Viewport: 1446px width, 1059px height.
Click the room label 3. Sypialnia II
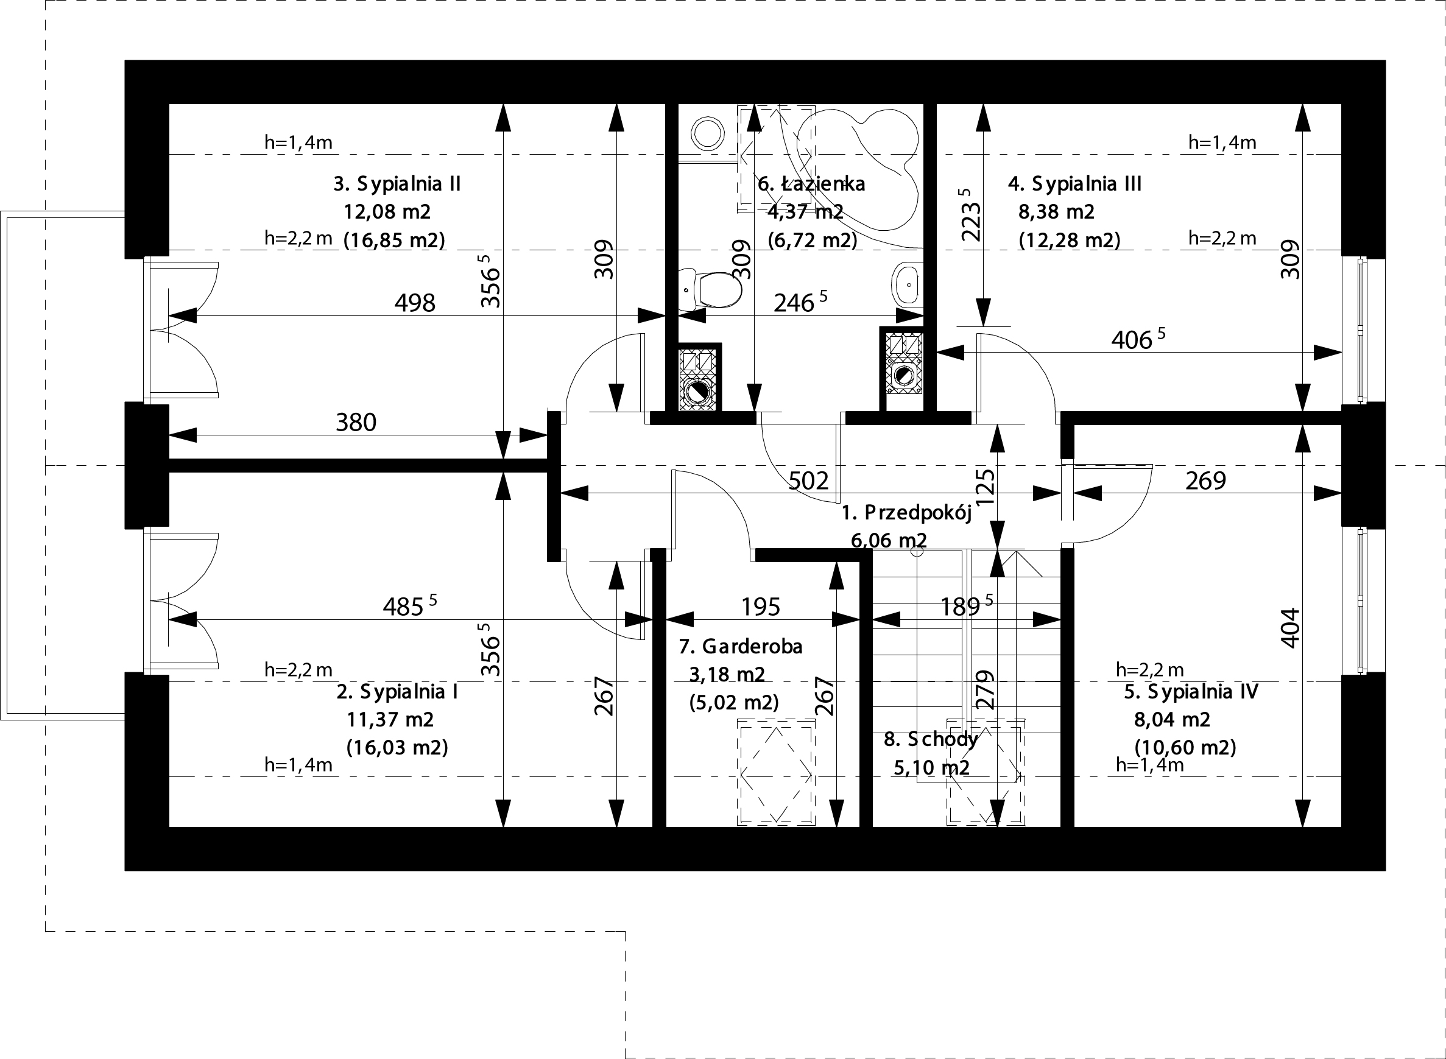(x=397, y=184)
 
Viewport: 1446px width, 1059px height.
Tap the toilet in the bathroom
(x=711, y=289)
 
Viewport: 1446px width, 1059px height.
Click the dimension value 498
(x=415, y=303)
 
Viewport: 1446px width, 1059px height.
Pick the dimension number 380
(x=356, y=423)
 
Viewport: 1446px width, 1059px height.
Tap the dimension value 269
(x=1205, y=480)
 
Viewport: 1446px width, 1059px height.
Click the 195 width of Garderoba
(x=761, y=607)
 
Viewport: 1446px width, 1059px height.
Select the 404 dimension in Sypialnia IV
(x=1289, y=628)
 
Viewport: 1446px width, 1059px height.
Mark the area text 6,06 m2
(x=889, y=540)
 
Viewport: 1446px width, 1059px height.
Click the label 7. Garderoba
(x=741, y=646)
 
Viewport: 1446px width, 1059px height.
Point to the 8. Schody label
(x=931, y=739)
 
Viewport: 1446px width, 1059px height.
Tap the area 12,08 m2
(x=387, y=211)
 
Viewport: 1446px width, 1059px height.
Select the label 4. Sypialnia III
(x=1074, y=184)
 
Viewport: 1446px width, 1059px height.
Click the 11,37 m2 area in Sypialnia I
(x=390, y=719)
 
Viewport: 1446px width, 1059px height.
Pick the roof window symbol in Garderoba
(x=776, y=772)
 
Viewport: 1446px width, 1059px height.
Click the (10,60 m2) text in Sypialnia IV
(x=1185, y=747)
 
